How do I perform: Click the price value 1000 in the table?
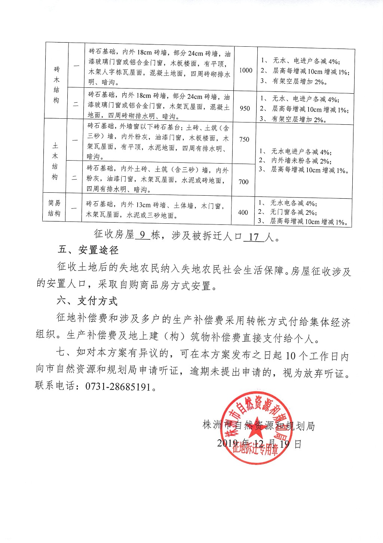(x=246, y=70)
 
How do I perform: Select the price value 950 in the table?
(x=245, y=108)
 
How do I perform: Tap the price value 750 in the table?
(x=244, y=139)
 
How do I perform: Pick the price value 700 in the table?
(x=243, y=182)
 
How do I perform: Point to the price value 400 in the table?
(x=243, y=212)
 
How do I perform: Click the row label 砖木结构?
(x=56, y=85)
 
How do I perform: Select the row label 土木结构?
(x=55, y=161)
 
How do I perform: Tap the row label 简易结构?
(x=54, y=208)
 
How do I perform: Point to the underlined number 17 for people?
(x=254, y=237)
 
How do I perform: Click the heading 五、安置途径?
(x=88, y=250)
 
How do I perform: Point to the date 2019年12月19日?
(x=259, y=444)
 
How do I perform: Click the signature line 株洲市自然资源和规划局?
(x=258, y=426)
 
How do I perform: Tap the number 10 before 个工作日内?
(x=291, y=356)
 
